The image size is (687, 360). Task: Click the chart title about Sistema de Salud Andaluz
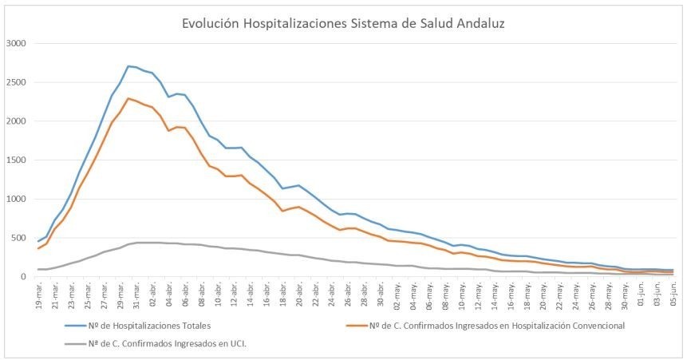[342, 24]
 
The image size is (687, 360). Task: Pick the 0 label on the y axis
[26, 277]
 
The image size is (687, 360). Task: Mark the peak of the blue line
[128, 66]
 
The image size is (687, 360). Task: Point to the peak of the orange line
[128, 98]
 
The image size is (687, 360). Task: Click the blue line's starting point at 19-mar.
[38, 241]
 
